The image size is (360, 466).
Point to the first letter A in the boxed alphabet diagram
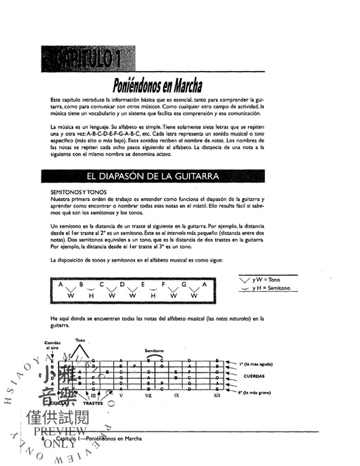click(x=60, y=285)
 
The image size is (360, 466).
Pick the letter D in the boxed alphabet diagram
click(x=122, y=285)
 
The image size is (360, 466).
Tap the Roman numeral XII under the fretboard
click(x=217, y=395)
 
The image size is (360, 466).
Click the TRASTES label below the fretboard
click(x=92, y=403)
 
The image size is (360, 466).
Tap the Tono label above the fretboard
click(x=80, y=340)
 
